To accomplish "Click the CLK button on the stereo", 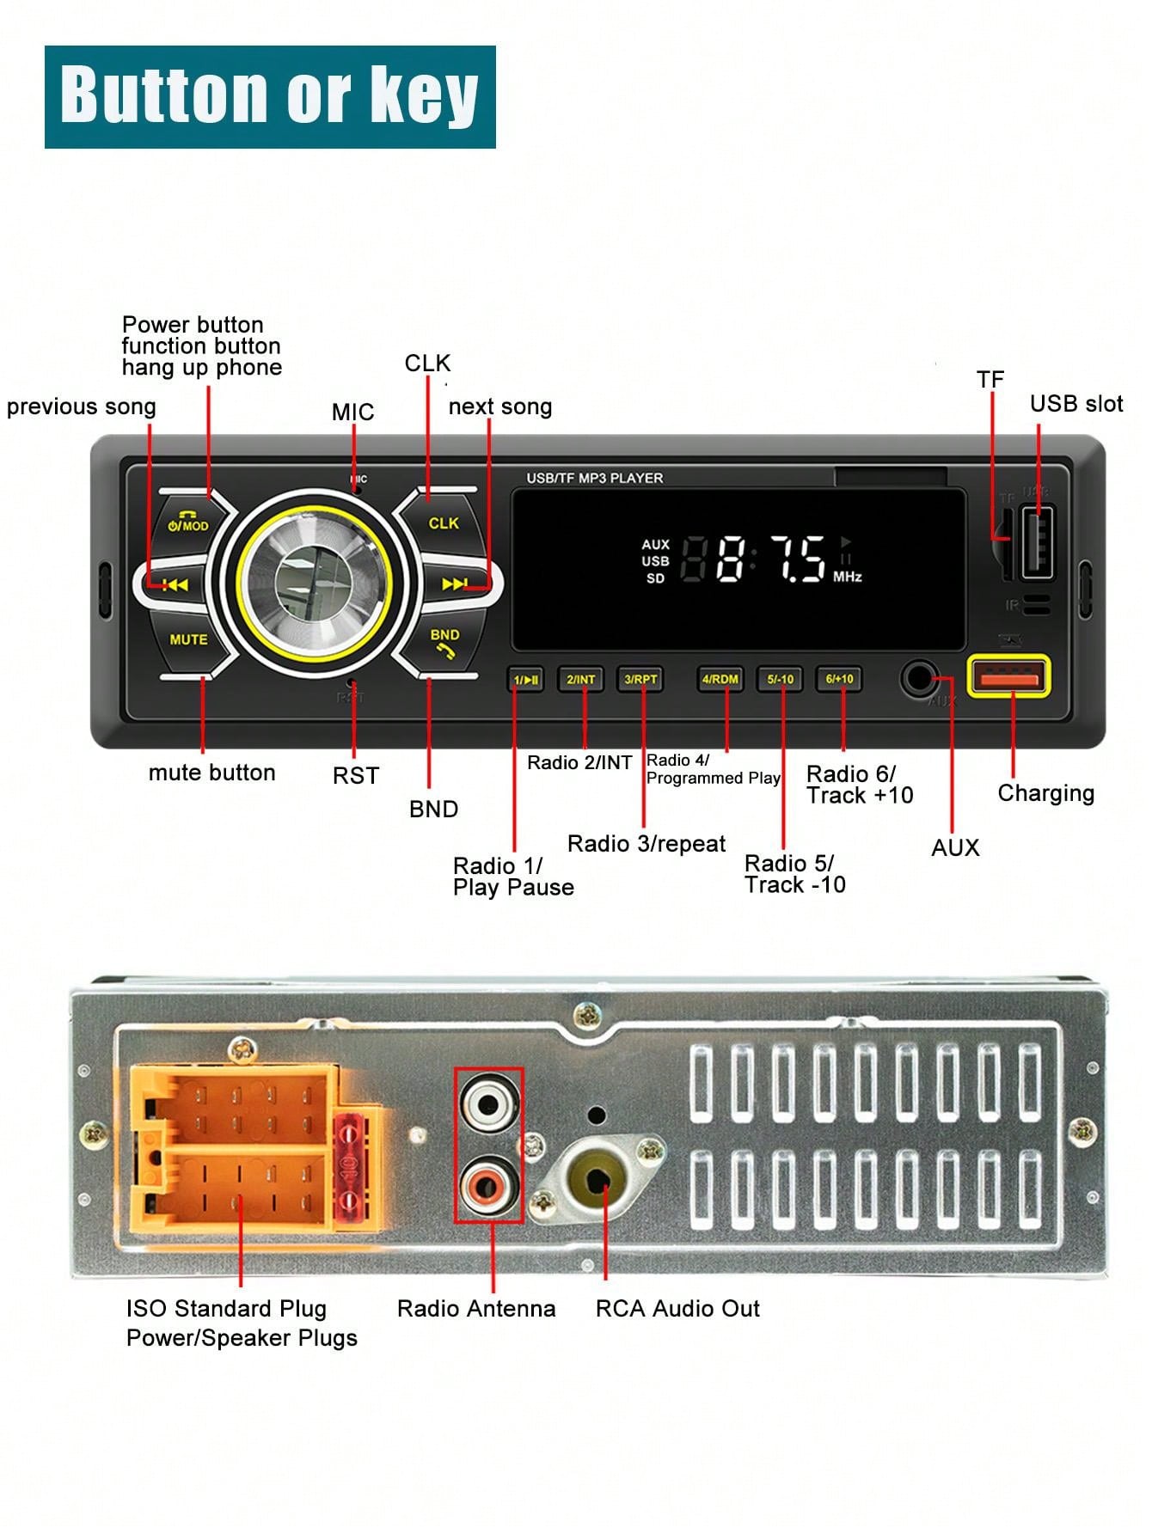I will pyautogui.click(x=443, y=523).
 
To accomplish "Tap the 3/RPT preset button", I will pyautogui.click(x=640, y=679).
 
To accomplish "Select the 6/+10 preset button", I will pyautogui.click(x=839, y=679).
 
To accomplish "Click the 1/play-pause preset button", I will pyautogui.click(x=525, y=680).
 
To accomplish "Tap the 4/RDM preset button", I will pyautogui.click(x=720, y=679).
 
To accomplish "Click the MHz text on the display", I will pyautogui.click(x=847, y=577).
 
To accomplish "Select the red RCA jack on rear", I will pyautogui.click(x=489, y=1186).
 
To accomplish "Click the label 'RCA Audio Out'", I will pyautogui.click(x=677, y=1308).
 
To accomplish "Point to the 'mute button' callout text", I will pyautogui.click(x=211, y=772).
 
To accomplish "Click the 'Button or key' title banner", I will pyautogui.click(x=270, y=96).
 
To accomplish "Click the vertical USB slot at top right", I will pyautogui.click(x=1037, y=543).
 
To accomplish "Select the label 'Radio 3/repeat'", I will pyautogui.click(x=646, y=843).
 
